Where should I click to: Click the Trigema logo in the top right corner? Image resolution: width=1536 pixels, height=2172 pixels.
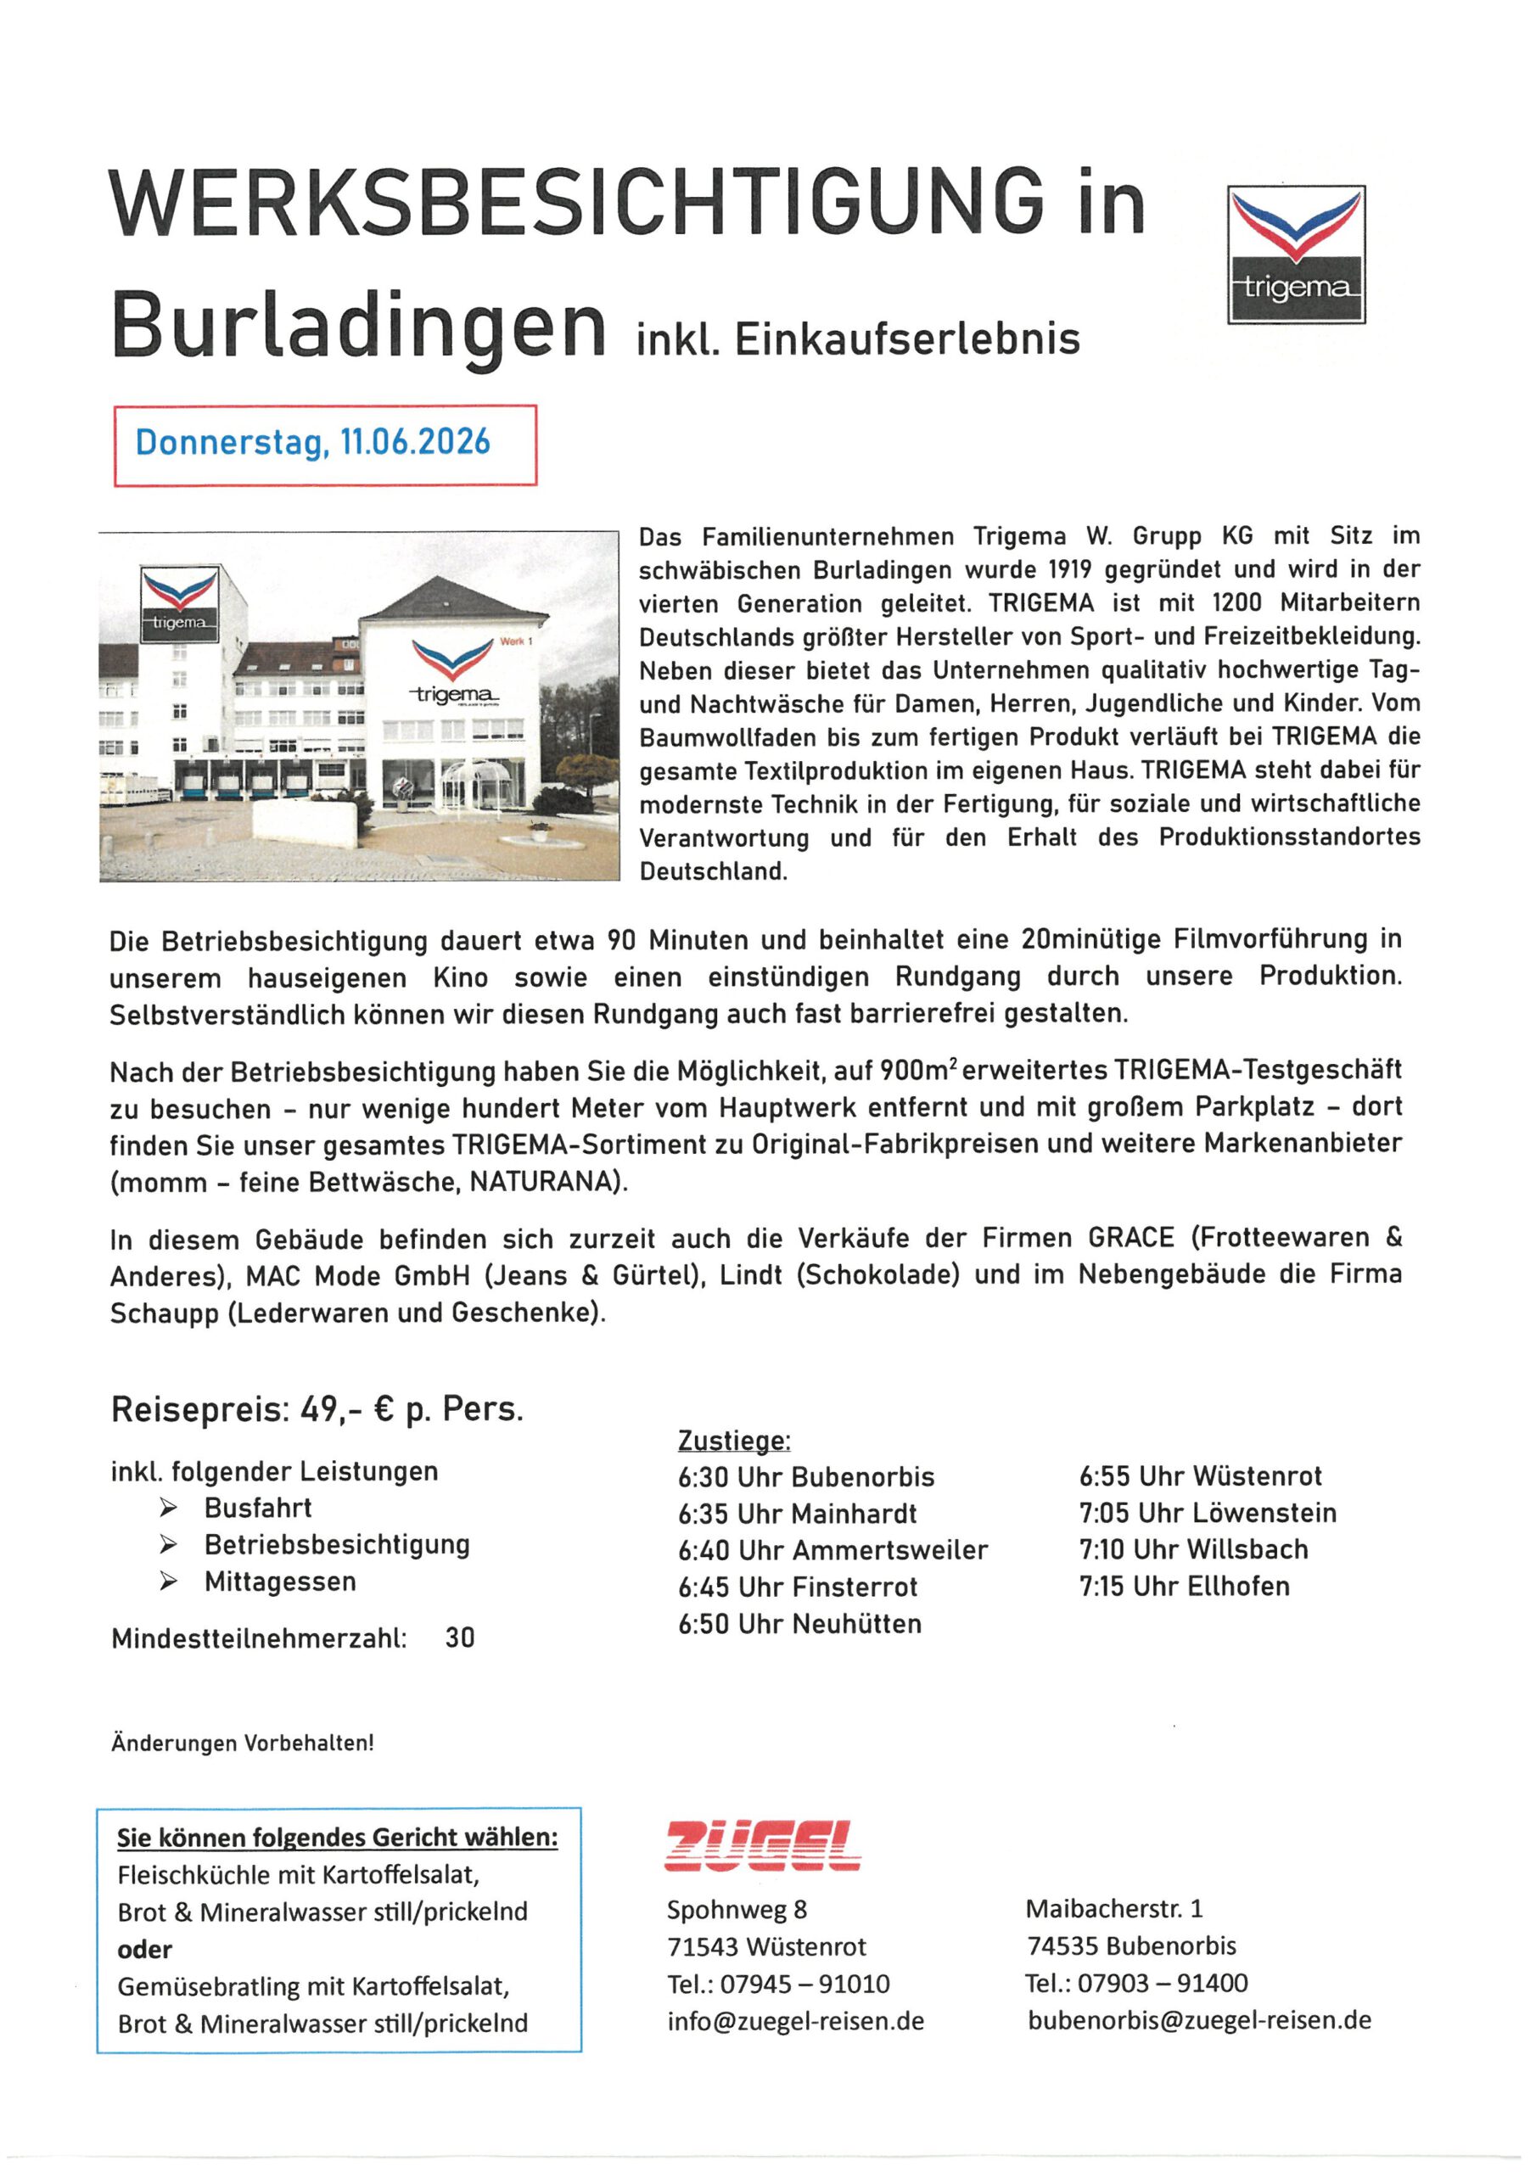point(1296,255)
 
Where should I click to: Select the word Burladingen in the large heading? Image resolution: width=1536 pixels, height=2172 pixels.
point(359,326)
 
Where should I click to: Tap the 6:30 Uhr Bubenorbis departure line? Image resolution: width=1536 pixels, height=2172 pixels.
point(805,1476)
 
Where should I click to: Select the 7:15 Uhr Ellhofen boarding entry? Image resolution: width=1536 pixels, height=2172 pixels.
point(1184,1586)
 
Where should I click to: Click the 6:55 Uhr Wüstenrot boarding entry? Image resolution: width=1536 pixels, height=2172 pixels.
point(1200,1475)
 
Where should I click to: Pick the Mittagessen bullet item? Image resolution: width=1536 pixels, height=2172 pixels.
point(280,1581)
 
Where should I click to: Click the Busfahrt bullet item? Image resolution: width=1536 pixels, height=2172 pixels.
point(257,1508)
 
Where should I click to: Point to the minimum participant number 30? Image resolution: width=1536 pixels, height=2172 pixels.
point(460,1637)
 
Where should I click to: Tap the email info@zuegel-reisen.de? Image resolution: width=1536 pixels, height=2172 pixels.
point(795,2021)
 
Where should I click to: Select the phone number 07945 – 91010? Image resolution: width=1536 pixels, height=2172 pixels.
point(804,1983)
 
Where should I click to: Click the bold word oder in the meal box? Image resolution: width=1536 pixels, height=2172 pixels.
point(145,1949)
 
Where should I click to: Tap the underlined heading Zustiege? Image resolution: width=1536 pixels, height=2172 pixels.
point(733,1441)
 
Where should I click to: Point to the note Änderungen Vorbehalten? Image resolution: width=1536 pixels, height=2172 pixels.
point(242,1743)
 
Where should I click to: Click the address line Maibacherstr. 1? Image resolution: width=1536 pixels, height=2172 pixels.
point(1114,1908)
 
